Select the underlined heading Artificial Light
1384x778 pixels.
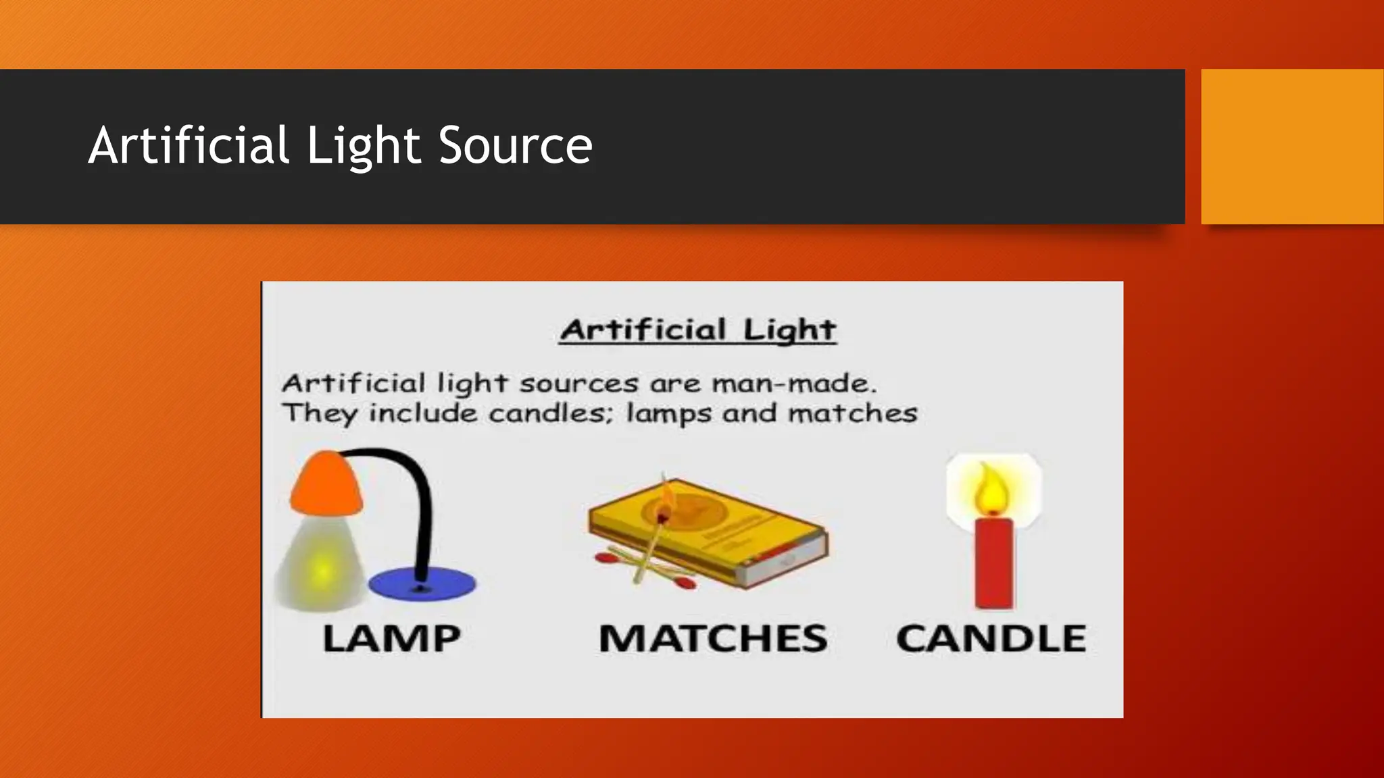698,330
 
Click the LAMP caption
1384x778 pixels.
391,638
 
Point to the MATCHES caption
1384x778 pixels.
713,638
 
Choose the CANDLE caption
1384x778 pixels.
991,638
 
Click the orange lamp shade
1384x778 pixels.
326,485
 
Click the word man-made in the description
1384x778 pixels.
794,384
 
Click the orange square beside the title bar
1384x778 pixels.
1292,146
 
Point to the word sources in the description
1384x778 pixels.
578,384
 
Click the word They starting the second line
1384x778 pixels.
319,413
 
